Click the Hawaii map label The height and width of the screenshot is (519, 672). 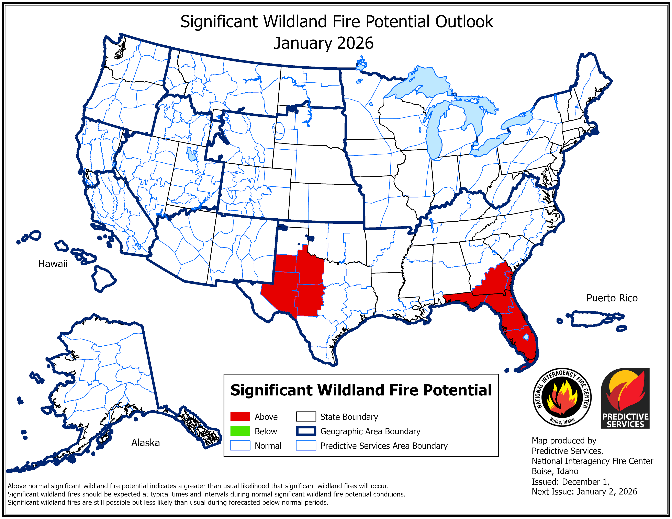[53, 264]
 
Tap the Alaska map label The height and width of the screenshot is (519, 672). [146, 443]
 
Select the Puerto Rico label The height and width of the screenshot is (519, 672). [612, 298]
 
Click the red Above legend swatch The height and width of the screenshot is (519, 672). [240, 417]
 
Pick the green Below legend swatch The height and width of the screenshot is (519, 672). [240, 431]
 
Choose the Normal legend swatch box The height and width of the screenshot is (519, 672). [240, 446]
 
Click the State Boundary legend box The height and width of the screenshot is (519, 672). [306, 417]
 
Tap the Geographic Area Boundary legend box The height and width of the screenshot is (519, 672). [306, 431]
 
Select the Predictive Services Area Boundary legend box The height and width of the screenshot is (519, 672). [306, 446]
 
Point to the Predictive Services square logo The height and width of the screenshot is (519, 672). [625, 399]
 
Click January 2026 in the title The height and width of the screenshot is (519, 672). [324, 43]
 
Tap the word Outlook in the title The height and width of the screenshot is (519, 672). [464, 22]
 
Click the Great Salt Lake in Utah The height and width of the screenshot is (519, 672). [191, 154]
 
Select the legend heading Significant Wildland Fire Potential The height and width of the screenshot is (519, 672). [361, 390]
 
